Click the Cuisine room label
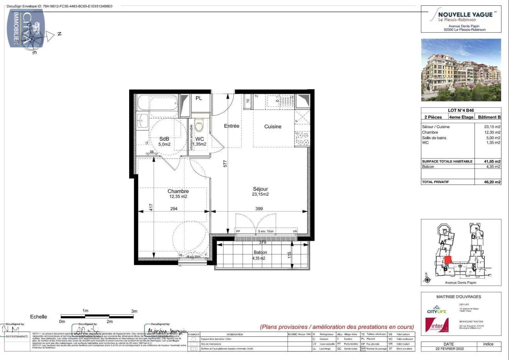point(273,126)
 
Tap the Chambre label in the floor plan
point(178,191)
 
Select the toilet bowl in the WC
point(199,126)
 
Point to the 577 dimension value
point(225,164)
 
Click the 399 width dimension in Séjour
point(259,209)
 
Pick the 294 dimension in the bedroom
point(174,209)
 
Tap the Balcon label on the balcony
point(260,252)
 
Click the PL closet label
point(199,98)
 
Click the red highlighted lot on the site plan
point(448,260)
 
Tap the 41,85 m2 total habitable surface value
point(492,161)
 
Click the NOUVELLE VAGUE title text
point(465,15)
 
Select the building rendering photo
point(461,70)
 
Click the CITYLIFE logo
point(436,310)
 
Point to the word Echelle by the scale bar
point(38,317)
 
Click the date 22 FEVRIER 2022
point(450,349)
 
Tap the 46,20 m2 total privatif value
point(492,182)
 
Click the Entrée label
point(231,126)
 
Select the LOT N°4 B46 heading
point(461,110)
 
